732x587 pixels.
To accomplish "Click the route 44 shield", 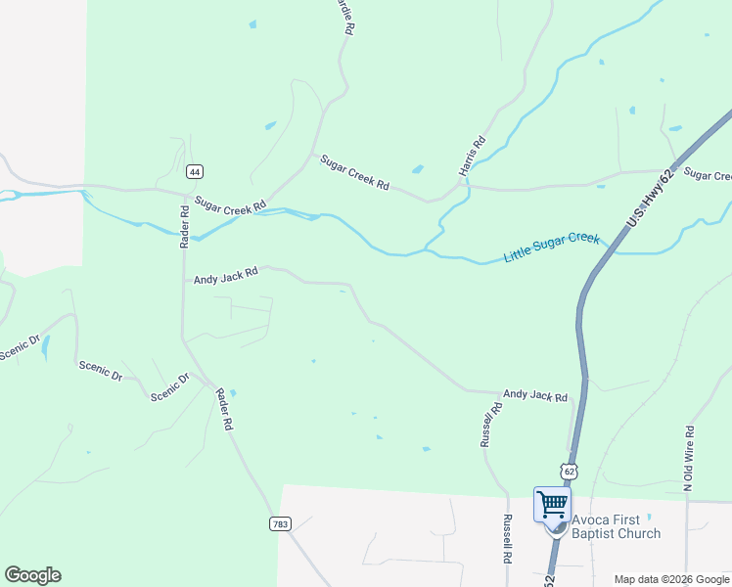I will coord(195,171).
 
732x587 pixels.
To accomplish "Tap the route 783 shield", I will coord(281,524).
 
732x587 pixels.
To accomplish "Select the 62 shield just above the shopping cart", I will coord(570,472).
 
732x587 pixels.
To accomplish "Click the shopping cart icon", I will coord(552,505).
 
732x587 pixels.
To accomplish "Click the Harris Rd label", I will coord(473,155).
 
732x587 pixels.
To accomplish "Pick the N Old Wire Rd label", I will coord(689,458).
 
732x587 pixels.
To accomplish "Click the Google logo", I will coord(32,575).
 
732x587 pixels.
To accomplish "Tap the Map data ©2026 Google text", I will coord(670,579).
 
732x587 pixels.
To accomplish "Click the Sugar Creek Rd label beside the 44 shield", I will coord(230,205).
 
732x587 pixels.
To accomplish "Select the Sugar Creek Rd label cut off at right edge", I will coord(708,175).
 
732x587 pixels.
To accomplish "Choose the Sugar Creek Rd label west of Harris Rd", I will coord(354,172).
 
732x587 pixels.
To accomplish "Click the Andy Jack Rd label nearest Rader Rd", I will coord(225,276).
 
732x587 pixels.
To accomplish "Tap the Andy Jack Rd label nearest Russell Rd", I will coord(534,396).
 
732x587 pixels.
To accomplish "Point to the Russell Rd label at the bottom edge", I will coord(507,539).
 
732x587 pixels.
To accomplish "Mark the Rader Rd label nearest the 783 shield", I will coord(224,409).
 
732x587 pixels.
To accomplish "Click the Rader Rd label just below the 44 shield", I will coord(184,226).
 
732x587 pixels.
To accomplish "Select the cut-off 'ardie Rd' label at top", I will coord(343,18).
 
